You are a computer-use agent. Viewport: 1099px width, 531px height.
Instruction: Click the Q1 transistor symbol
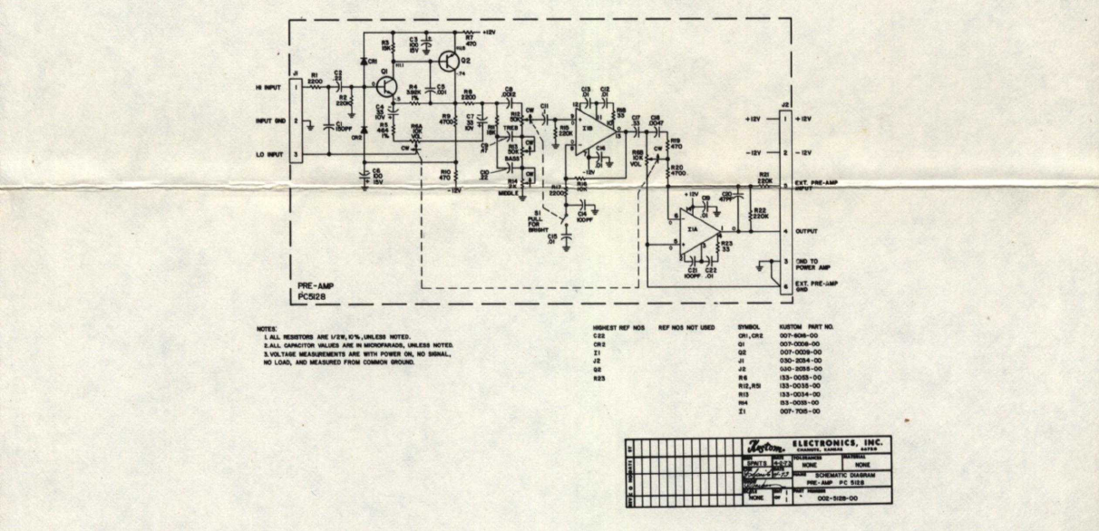click(x=386, y=86)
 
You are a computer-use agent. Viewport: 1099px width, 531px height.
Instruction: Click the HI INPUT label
click(x=268, y=87)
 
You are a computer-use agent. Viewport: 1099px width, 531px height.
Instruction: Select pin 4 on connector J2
click(x=786, y=231)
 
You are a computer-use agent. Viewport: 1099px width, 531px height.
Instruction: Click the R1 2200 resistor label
click(x=315, y=79)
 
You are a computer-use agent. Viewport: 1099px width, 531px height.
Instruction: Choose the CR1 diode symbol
click(x=365, y=61)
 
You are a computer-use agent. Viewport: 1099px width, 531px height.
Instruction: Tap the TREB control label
click(x=512, y=130)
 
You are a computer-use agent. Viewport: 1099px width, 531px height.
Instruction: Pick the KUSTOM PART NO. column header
click(x=805, y=326)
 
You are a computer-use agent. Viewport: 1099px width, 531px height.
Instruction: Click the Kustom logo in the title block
click(x=761, y=444)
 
